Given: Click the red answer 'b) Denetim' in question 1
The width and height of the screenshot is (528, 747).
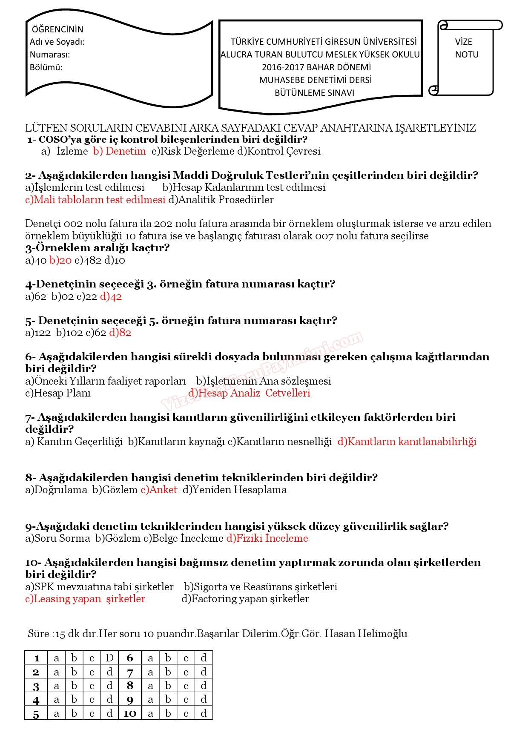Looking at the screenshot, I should (119, 151).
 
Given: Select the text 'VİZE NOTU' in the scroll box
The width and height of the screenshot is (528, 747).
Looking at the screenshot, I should (466, 48).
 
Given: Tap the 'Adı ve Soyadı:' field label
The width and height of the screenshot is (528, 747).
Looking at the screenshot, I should (57, 42).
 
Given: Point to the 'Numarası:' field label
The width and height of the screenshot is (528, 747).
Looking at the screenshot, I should (50, 55).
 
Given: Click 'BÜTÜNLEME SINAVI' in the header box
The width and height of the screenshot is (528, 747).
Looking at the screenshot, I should (314, 93).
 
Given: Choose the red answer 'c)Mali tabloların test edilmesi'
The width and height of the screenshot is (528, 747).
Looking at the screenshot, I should (95, 200).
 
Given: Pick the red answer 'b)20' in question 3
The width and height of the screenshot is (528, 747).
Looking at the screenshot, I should (60, 260).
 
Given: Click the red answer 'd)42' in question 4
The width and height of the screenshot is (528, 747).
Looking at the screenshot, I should (111, 296).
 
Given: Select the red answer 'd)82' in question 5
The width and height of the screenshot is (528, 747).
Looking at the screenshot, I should (120, 333).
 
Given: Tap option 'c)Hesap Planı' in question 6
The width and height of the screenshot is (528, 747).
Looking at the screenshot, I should (58, 393).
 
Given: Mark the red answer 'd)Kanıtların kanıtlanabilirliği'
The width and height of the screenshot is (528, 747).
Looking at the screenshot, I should (407, 442).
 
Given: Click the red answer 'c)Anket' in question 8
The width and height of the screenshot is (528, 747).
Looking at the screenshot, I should (159, 490).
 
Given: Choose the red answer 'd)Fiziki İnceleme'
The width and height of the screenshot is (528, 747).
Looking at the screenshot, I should (267, 538).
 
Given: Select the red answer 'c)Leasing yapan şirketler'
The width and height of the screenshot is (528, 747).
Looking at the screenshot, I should (85, 599).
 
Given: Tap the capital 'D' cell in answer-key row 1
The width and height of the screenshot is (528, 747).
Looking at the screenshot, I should (109, 658).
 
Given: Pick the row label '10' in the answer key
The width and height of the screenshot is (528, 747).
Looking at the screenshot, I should (130, 713).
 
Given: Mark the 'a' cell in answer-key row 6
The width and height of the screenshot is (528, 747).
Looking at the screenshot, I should (150, 658).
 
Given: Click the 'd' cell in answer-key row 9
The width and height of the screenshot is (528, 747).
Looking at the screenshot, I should (204, 699).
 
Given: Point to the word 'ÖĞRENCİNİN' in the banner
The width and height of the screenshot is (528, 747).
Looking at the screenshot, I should (57, 29).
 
